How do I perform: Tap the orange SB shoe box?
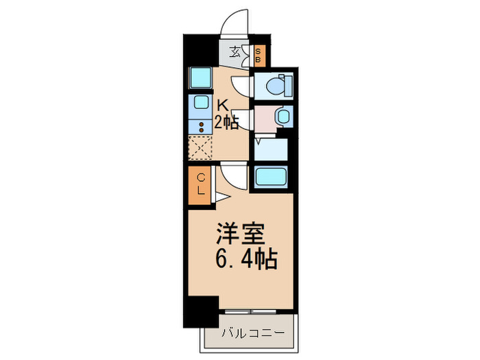pos(258,54)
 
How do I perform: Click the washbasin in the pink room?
pos(281,116)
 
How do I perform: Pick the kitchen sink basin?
pos(201,104)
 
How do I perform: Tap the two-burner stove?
pos(201,126)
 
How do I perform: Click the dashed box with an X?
pos(200,147)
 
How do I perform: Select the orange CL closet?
pos(201,185)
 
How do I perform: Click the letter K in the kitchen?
pos(223,104)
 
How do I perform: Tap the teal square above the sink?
pos(200,77)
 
